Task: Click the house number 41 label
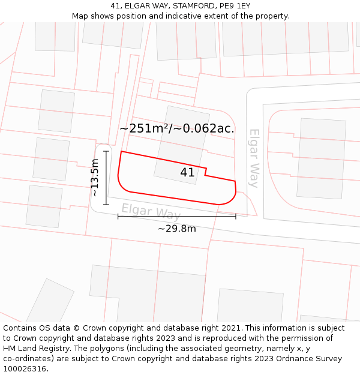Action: (x=187, y=173)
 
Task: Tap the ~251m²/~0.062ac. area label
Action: (x=177, y=128)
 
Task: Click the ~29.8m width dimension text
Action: (x=177, y=229)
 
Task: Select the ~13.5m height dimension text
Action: (x=95, y=178)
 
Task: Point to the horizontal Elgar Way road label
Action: (x=151, y=211)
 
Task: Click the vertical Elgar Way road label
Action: (x=254, y=158)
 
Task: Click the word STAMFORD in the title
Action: (x=195, y=6)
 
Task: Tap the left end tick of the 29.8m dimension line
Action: (x=118, y=216)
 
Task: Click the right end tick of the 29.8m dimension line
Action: (x=236, y=216)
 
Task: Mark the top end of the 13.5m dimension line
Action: (x=106, y=151)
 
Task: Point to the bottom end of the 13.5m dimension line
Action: (x=106, y=205)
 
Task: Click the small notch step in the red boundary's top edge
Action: (x=206, y=172)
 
